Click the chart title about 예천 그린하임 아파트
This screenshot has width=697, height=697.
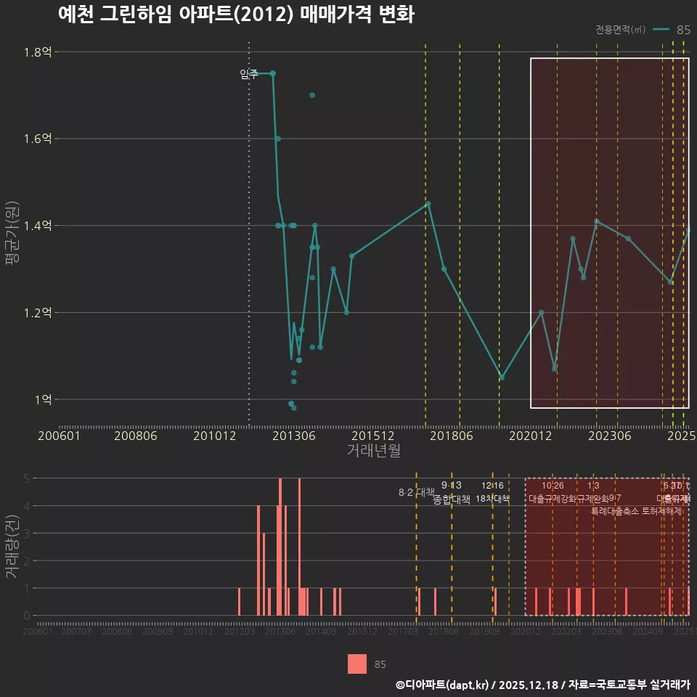pos(236,15)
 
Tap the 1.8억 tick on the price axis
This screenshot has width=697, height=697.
pos(36,52)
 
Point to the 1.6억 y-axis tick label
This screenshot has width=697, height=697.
pos(36,139)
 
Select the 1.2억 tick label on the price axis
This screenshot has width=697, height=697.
pos(36,313)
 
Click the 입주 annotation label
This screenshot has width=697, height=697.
pos(249,74)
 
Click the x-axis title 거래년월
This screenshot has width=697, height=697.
pos(373,451)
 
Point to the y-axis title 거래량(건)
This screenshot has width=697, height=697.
pos(12,547)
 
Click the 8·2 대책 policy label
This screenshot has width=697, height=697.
pos(416,492)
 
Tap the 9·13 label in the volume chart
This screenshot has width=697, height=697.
pos(451,485)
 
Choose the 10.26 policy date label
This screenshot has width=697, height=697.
pos(553,485)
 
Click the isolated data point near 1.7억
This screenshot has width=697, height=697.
pos(312,95)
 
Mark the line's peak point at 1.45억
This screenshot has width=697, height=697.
pos(428,204)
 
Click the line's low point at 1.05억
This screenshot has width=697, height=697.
pos(501,378)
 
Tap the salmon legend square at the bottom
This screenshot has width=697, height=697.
pos(357,664)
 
